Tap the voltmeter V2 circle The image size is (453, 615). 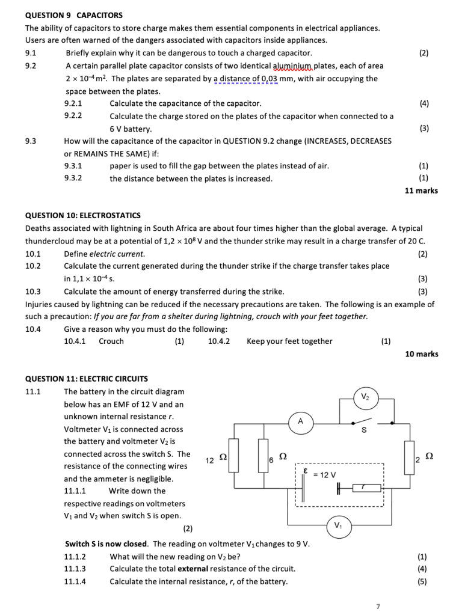pos(365,396)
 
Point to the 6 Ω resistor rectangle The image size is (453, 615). pos(263,456)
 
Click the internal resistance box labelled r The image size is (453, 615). pos(363,488)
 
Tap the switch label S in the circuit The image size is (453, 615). pos(363,430)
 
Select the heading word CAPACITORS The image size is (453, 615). pos(100,15)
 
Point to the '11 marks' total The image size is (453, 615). pos(421,191)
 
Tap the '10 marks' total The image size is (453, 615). pos(421,354)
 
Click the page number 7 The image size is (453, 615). pos(378,606)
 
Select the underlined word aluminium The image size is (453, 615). pos(294,66)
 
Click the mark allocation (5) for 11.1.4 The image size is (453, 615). pos(424,581)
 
